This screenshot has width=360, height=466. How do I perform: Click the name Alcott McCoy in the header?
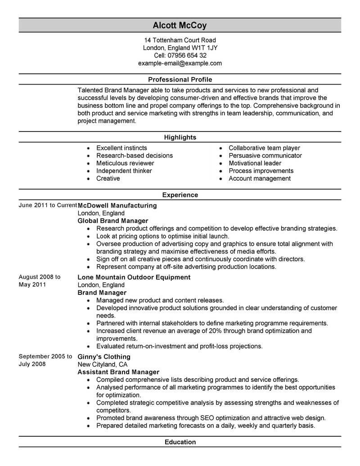[x=180, y=25]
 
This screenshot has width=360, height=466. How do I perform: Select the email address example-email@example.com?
[x=180, y=63]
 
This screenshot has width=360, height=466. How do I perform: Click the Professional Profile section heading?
[x=180, y=79]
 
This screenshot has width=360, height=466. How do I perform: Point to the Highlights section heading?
[x=180, y=137]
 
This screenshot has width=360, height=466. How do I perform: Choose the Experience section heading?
[x=180, y=195]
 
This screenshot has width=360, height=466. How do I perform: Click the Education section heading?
[x=180, y=442]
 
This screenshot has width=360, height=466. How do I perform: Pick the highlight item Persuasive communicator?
[x=265, y=155]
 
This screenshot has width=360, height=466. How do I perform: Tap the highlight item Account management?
[x=260, y=178]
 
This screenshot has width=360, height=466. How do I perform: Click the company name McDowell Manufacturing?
[x=117, y=205]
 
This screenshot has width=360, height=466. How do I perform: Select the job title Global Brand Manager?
[x=113, y=221]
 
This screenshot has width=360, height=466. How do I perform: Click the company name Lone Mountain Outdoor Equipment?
[x=134, y=277]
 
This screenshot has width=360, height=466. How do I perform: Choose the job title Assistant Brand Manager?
[x=118, y=372]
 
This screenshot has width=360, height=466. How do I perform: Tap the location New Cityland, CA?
[x=103, y=364]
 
